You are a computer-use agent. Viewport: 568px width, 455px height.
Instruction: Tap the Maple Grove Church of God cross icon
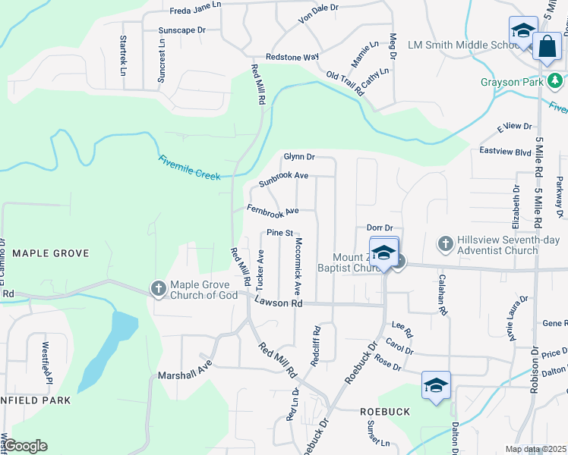158,288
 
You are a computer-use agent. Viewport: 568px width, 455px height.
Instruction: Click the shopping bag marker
546,46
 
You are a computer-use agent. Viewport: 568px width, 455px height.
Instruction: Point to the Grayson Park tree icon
555,80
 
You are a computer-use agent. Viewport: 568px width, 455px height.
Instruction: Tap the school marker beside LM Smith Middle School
522,32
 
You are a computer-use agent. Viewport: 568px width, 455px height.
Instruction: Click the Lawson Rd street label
279,302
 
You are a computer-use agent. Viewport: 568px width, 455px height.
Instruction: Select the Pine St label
279,233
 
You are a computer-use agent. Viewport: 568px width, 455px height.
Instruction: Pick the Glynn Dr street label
299,156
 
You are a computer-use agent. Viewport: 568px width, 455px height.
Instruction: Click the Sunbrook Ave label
282,180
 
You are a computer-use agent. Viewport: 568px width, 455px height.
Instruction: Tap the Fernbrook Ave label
273,209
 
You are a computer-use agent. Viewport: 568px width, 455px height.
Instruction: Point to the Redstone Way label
292,57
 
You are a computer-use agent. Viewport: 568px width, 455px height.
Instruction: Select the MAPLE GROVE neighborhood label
50,253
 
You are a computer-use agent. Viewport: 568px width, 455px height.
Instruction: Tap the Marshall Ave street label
184,375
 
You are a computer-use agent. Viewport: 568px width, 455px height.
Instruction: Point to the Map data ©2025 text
536,449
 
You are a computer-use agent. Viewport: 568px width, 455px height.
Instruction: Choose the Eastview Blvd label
505,152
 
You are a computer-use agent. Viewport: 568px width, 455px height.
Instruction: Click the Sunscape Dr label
182,30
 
